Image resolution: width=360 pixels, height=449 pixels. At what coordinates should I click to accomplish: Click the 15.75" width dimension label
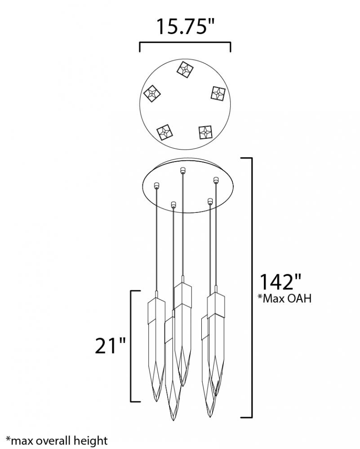click(x=185, y=26)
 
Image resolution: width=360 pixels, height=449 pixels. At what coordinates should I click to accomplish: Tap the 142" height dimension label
click(x=280, y=282)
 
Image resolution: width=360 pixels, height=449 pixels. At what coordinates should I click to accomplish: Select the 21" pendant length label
click(x=111, y=345)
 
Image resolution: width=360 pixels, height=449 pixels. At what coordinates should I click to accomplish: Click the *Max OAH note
click(x=284, y=299)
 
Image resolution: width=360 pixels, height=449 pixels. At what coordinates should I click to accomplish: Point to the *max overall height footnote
click(x=57, y=440)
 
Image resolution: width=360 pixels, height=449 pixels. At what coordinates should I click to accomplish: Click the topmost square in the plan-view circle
click(x=185, y=69)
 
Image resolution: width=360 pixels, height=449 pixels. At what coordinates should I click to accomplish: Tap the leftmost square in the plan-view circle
click(x=152, y=93)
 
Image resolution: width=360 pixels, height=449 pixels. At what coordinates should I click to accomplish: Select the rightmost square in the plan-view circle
click(x=218, y=93)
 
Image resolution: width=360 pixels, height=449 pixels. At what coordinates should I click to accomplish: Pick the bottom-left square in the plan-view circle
click(x=164, y=132)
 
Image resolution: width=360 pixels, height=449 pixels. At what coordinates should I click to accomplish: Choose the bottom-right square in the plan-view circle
click(x=205, y=132)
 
